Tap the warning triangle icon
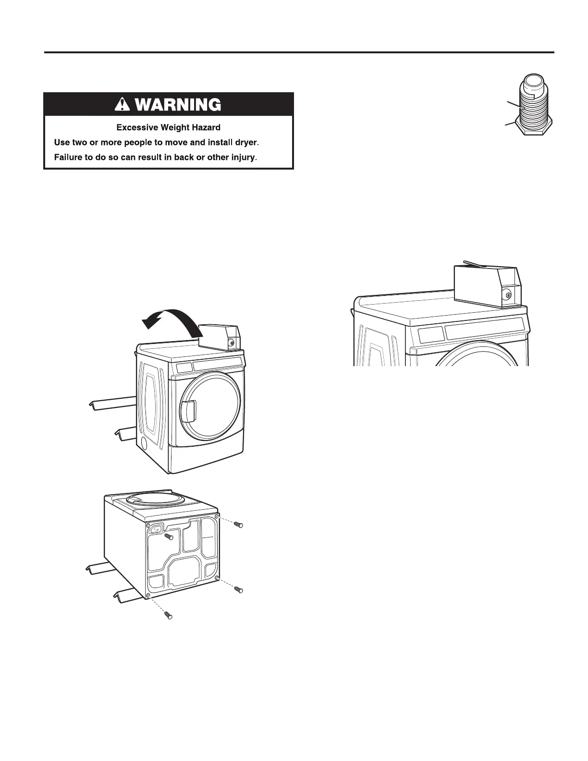point(124,104)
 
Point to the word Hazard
point(204,128)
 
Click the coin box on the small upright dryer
point(219,337)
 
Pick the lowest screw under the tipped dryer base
point(167,614)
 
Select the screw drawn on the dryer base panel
point(168,536)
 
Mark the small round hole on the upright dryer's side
point(144,443)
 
